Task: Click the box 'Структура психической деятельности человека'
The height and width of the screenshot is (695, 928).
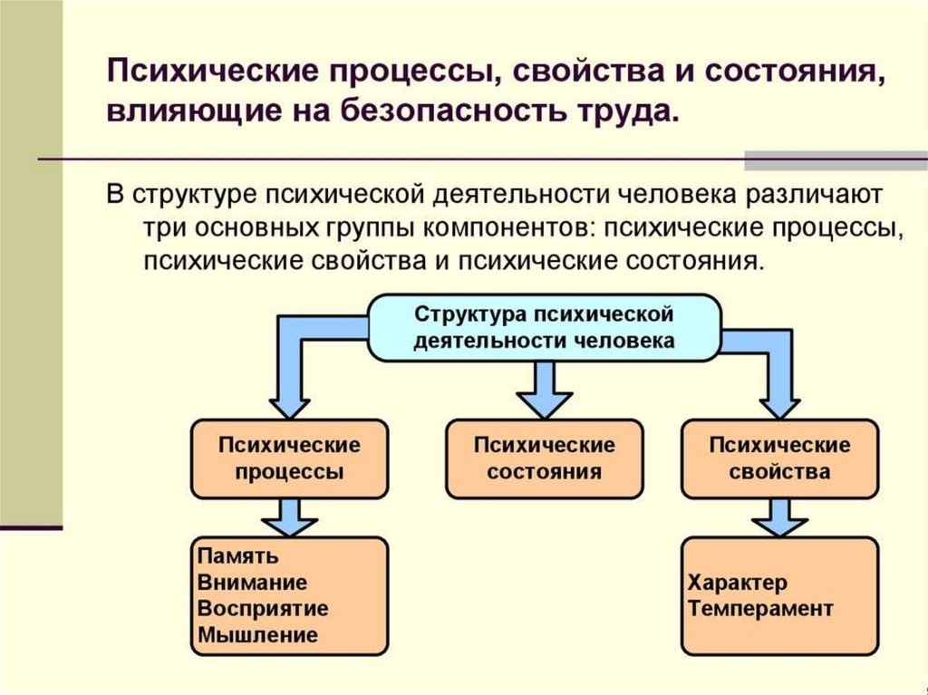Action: point(544,327)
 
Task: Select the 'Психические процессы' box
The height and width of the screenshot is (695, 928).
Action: point(289,459)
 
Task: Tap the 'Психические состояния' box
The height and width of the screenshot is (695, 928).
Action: point(544,459)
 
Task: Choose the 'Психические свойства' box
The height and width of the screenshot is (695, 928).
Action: point(779,459)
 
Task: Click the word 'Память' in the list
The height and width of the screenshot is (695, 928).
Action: point(237,556)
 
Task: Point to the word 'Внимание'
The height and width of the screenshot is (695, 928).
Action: point(252,583)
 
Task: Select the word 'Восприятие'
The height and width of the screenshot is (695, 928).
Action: point(263,609)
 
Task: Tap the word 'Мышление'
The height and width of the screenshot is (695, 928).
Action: point(257,635)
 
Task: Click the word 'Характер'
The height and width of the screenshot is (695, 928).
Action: point(738,582)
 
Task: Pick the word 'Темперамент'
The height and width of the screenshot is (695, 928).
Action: point(760,608)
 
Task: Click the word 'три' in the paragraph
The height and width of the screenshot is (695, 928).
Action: point(162,227)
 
